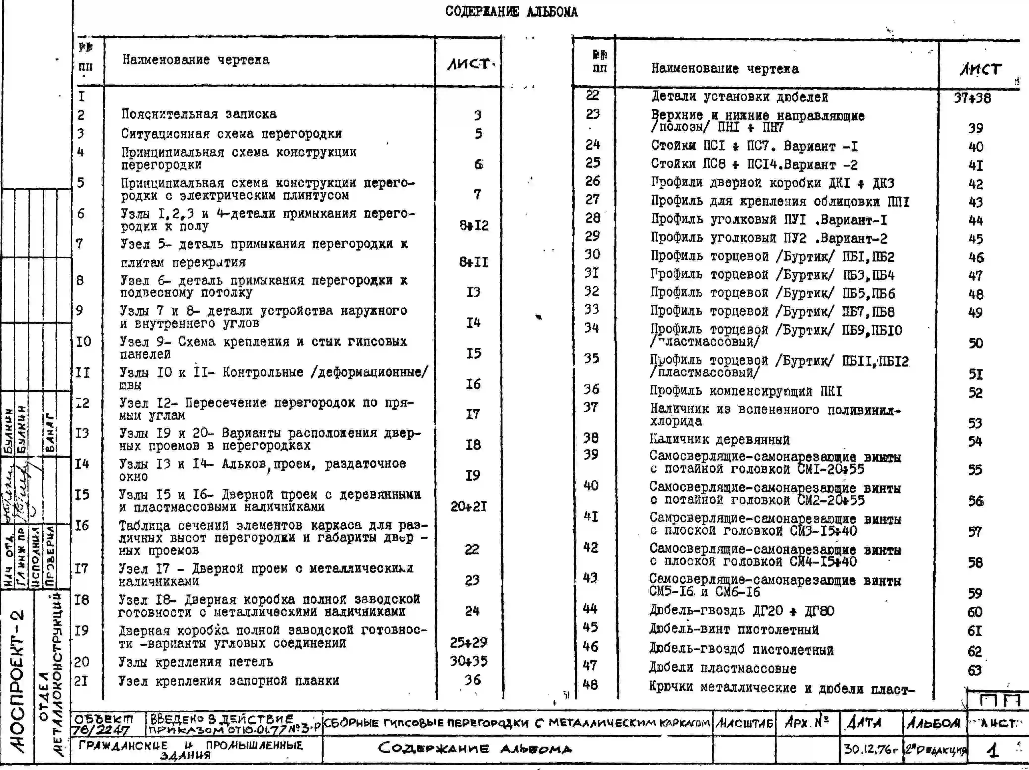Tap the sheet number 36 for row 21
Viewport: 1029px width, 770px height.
[472, 680]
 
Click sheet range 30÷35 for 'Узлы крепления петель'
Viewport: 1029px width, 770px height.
[469, 661]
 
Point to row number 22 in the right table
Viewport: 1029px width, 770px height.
[592, 95]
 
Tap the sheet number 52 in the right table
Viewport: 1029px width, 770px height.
[975, 393]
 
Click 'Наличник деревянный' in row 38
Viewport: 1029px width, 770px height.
[719, 439]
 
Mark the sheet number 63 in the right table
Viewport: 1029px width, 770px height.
[974, 670]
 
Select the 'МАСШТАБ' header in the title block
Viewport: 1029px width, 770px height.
[744, 723]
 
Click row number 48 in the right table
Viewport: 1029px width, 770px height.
[590, 684]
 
